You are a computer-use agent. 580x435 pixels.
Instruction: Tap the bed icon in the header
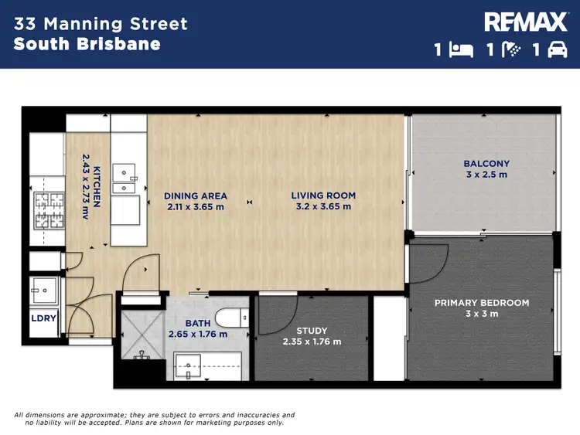tap(462, 50)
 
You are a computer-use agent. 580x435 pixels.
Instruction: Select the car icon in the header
tap(557, 50)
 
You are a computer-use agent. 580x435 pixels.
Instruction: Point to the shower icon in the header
tap(510, 50)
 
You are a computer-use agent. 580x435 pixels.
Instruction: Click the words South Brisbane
tap(87, 44)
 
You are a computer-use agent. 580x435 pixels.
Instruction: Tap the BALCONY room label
tap(486, 163)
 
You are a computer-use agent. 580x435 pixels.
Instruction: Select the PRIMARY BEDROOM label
tap(482, 303)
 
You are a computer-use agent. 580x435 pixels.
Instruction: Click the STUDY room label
tap(312, 331)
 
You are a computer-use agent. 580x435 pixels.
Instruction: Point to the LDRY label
tap(43, 318)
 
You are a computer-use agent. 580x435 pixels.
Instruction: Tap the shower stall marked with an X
tap(141, 334)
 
